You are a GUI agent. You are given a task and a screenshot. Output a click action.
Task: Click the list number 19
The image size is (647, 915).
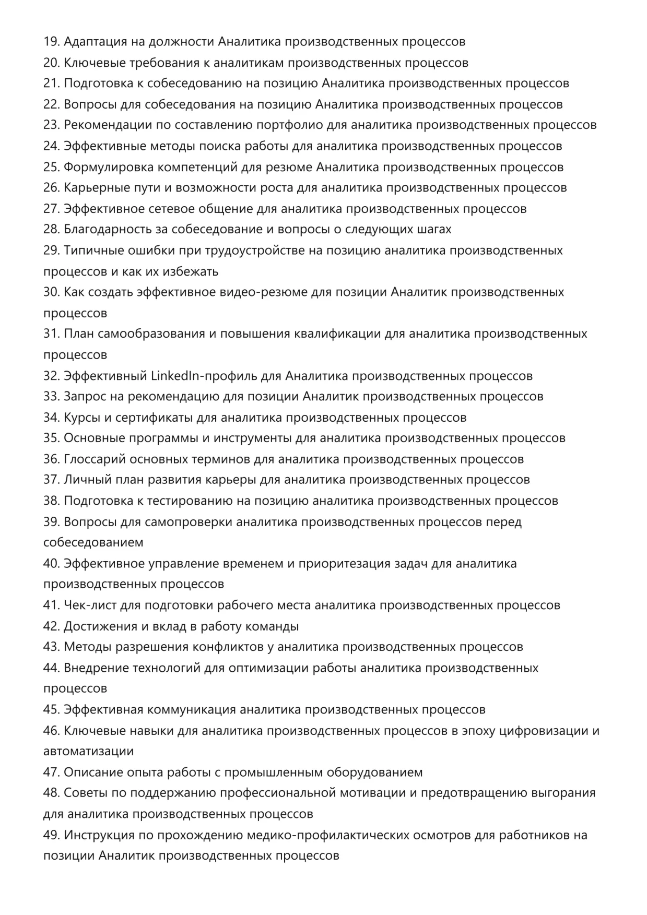click(x=51, y=42)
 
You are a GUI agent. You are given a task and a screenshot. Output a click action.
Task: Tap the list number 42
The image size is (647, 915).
click(x=51, y=626)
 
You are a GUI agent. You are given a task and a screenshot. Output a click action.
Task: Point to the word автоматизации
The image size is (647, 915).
click(x=89, y=752)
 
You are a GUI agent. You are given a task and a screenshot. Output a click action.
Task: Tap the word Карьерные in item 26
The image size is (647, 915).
click(x=92, y=188)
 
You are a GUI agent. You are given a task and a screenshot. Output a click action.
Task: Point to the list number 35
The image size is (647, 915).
click(x=51, y=438)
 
